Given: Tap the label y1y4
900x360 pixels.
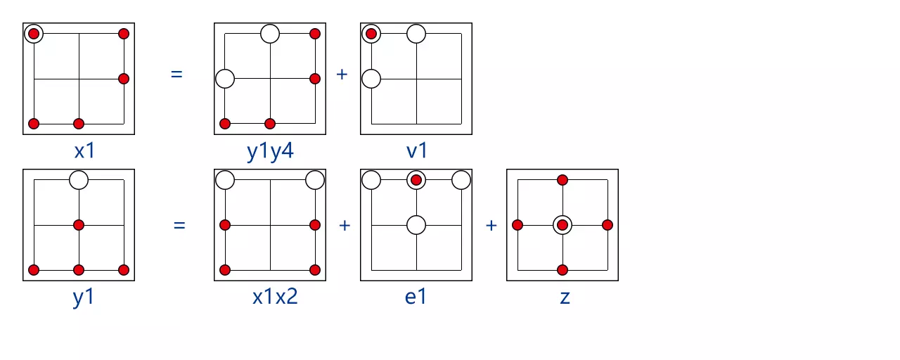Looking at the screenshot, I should coord(270,151).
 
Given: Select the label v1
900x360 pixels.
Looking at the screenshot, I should coord(416,151).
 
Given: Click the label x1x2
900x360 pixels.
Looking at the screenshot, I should coord(275,296).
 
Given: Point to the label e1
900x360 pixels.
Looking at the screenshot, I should coord(416,296).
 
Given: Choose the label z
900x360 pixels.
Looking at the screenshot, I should coord(564,296).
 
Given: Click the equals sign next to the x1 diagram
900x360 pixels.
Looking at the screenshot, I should coord(176,73).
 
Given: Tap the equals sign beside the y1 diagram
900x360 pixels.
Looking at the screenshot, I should coord(179,226).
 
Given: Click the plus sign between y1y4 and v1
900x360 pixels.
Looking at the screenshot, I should coord(342,73).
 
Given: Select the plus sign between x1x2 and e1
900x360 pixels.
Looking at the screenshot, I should coord(345,225).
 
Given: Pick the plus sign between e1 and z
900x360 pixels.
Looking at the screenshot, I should coord(491,225).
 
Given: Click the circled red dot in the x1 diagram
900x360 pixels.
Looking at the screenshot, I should coord(34,34).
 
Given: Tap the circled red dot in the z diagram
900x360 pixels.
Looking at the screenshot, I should coord(562,225).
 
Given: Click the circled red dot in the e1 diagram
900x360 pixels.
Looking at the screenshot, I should coord(416,180).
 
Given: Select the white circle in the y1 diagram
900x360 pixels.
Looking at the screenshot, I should coord(79,180).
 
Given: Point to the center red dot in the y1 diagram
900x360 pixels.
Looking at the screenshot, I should coord(79,225).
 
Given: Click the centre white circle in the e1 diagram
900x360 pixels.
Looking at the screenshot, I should coord(416,225).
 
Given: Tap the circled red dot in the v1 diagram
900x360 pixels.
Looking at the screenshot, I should coord(371,34).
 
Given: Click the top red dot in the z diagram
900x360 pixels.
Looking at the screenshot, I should coord(562,180).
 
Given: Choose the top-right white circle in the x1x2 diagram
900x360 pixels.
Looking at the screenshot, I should coord(315,180).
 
